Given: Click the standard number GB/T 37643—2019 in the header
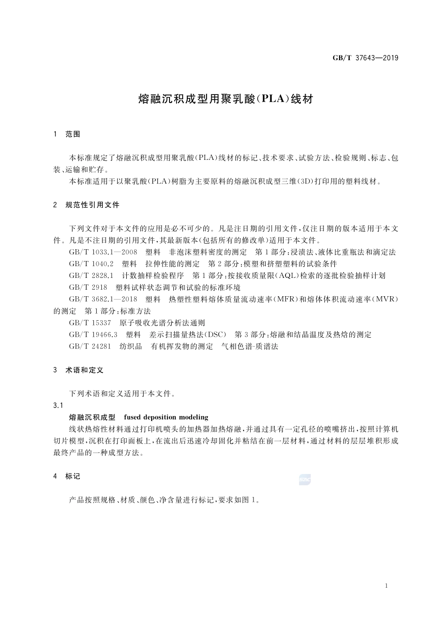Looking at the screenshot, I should (365, 58).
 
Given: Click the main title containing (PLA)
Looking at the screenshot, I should (225, 99).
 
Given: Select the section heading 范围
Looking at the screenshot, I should (73, 134).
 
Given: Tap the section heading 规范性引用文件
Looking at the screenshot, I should (92, 205).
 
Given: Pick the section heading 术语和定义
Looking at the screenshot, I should (84, 370).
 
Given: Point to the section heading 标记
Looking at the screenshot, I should (73, 476).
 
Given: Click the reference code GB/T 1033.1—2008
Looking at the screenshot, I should (103, 252).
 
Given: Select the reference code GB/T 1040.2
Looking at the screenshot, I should (91, 264).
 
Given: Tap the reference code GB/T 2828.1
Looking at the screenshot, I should (91, 276).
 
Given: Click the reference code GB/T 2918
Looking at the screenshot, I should (88, 287).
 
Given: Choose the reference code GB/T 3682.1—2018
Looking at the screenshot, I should (103, 299).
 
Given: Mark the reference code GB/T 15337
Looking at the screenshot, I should (90, 323).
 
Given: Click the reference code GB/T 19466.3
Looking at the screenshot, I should (93, 335).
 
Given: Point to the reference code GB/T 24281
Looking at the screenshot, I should (90, 347).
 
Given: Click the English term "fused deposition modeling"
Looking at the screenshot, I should (166, 417).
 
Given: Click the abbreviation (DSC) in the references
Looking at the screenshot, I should (215, 335).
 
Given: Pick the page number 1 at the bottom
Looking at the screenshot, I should (386, 586).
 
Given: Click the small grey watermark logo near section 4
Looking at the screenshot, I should (305, 480).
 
